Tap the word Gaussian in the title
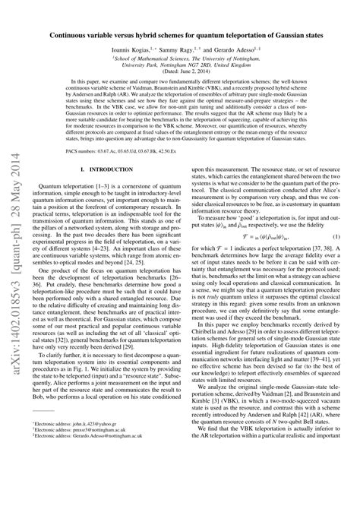click(x=295, y=35)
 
